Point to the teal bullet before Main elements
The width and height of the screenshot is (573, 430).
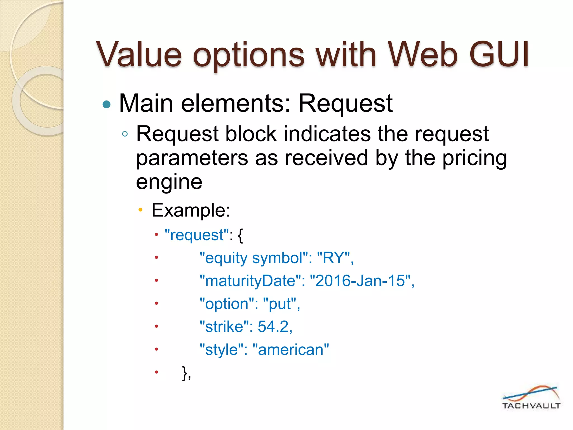tap(107, 104)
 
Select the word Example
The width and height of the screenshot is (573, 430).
tap(191, 210)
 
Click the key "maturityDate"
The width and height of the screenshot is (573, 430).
tap(250, 281)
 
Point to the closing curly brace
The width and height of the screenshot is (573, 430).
tap(185, 373)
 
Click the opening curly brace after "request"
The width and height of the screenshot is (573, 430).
tap(240, 235)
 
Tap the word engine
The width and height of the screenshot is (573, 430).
tap(169, 182)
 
